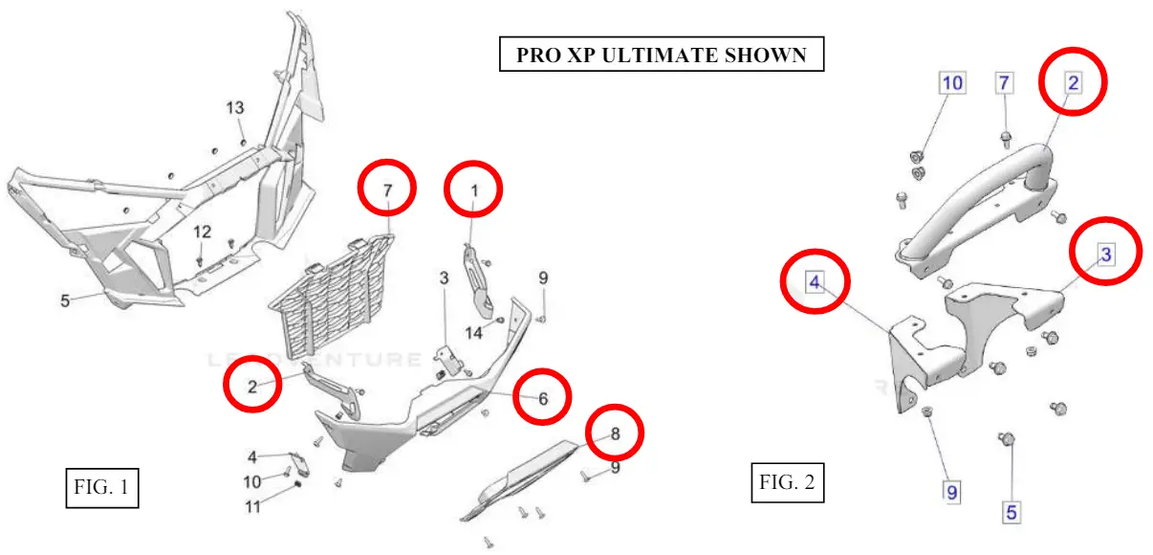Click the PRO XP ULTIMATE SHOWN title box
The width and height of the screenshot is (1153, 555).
[x=661, y=55]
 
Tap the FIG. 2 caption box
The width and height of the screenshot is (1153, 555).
[x=787, y=482]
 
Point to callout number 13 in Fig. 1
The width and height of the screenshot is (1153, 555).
[x=235, y=108]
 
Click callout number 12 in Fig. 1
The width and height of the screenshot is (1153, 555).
[x=202, y=232]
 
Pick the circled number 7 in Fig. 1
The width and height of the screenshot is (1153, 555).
[x=387, y=190]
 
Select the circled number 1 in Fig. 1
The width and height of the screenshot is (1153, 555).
[x=474, y=191]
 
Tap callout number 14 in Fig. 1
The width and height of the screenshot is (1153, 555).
[x=475, y=332]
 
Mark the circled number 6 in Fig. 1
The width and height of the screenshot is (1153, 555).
[x=542, y=398]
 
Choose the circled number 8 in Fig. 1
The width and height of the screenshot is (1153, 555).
[x=615, y=433]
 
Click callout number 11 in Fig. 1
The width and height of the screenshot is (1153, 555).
[x=252, y=507]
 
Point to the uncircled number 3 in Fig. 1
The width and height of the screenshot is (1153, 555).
[x=444, y=278]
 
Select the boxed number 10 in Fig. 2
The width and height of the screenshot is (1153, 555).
[x=952, y=83]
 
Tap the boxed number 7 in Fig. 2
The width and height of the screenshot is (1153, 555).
[x=1004, y=83]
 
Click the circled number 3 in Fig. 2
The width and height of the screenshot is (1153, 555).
[x=1105, y=254]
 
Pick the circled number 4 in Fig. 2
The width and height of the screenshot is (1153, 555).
[x=815, y=282]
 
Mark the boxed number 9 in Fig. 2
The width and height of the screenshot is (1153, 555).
[x=952, y=492]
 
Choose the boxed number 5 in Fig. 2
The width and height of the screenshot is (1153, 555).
[x=1012, y=512]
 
